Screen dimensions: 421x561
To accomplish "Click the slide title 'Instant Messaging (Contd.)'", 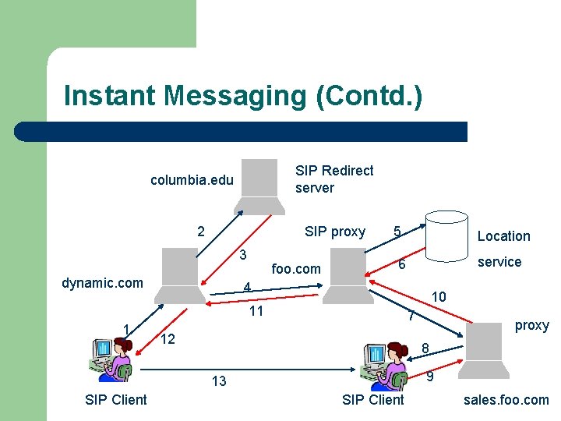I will click(x=242, y=96).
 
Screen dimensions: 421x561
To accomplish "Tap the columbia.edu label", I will click(x=192, y=180).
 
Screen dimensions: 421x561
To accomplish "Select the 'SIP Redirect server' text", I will click(x=334, y=179).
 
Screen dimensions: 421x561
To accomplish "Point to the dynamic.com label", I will click(x=102, y=282).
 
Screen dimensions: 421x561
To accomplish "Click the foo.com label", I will click(x=296, y=269).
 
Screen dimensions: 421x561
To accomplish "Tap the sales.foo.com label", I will click(x=506, y=400).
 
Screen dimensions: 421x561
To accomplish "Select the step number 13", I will click(x=219, y=381).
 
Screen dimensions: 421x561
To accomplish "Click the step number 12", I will click(x=168, y=339).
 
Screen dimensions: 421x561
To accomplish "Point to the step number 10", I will click(x=439, y=296).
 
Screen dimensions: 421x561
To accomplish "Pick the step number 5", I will click(x=397, y=232).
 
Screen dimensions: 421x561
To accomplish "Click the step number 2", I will click(x=201, y=232).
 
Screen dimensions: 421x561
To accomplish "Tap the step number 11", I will click(x=255, y=312).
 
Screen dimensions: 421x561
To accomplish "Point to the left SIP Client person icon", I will click(x=111, y=359).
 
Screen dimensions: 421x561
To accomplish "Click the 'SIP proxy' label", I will click(x=335, y=232).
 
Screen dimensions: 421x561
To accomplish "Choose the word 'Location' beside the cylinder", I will click(x=503, y=236).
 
